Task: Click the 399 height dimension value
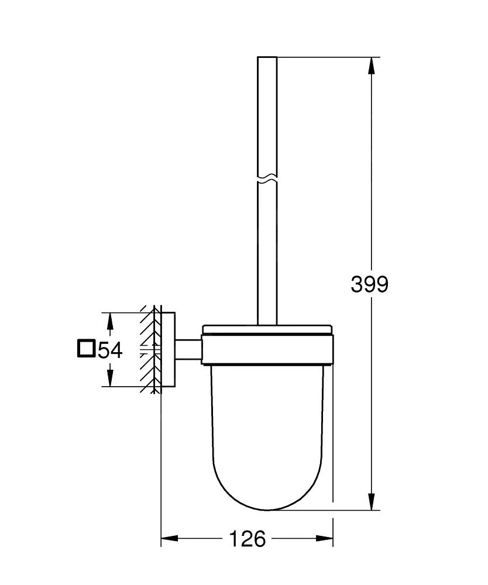(x=369, y=284)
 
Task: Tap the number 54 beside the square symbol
(x=109, y=350)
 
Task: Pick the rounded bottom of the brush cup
(x=267, y=497)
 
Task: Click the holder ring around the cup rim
(x=267, y=350)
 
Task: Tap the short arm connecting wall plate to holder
(x=188, y=349)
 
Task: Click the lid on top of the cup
(x=267, y=329)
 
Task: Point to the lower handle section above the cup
(x=267, y=263)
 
